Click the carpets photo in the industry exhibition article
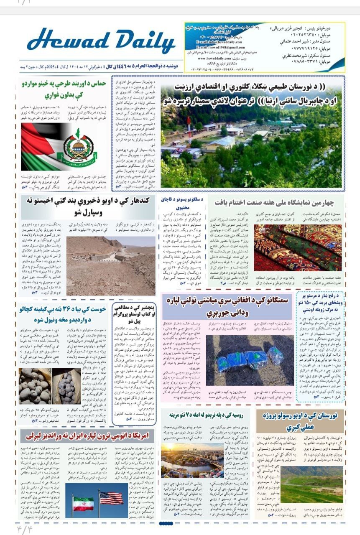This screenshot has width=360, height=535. [297, 247]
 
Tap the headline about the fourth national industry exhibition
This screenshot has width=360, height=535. [274, 203]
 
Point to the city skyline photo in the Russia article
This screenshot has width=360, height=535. [192, 460]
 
